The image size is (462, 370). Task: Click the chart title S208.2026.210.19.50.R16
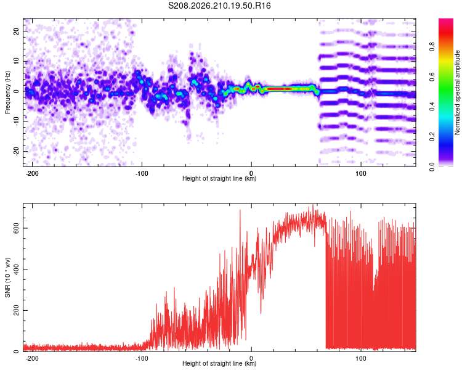coord(219,6)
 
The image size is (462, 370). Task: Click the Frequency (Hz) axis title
coord(7,92)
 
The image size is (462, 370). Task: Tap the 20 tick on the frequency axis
coord(16,31)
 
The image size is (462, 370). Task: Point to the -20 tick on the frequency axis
coord(16,151)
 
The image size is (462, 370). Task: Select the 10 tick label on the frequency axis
coord(16,61)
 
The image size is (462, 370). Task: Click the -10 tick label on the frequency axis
coord(16,121)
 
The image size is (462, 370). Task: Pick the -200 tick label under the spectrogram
coord(32,173)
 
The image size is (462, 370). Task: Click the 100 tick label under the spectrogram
coord(360,173)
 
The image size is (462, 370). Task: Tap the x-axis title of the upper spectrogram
coord(219,178)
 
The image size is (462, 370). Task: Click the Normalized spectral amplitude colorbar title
coord(457,92)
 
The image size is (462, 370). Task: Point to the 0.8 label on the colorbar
coord(432,47)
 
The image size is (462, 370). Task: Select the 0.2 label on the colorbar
coord(432,137)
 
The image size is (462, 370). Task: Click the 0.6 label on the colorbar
coord(432,76)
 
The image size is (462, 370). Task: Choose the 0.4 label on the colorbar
coord(432,107)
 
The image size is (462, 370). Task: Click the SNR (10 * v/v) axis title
coord(7,277)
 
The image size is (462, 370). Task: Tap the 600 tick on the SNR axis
coord(16,228)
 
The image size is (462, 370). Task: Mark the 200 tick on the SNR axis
coord(16,310)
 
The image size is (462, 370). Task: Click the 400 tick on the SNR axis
coord(16,269)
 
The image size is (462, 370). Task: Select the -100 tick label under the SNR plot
coord(142,358)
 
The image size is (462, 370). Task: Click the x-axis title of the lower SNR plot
coord(219,363)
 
